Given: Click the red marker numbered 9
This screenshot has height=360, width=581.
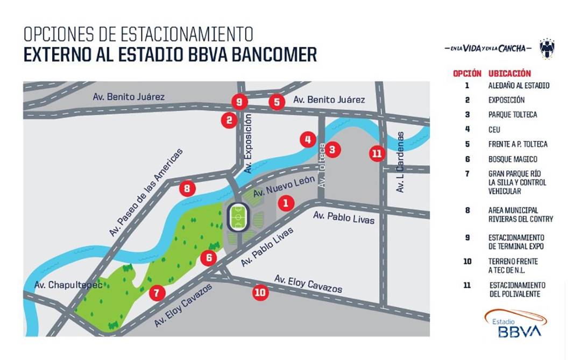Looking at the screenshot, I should tap(239, 101).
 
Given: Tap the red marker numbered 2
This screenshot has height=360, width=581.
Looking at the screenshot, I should tap(230, 120).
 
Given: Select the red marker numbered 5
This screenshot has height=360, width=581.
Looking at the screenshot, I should tap(277, 101).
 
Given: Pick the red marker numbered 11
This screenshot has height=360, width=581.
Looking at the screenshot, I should tap(377, 153).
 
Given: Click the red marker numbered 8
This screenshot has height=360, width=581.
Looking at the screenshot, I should tap(187, 188).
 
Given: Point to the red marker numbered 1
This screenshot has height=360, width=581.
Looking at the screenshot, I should tap(286, 203).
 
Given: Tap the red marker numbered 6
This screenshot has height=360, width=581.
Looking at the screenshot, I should tap(208, 258).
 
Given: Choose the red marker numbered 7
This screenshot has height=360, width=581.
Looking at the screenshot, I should tap(157, 293).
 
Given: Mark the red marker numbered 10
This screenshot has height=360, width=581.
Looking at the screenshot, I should tap(260, 292).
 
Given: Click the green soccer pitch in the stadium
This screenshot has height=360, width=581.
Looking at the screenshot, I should tap(239, 217).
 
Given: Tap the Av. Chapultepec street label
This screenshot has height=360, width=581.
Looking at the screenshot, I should tap(68, 285).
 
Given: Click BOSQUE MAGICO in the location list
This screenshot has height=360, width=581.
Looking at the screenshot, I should tap(513, 159).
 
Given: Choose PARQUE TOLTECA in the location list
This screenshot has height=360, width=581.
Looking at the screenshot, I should tap(513, 115).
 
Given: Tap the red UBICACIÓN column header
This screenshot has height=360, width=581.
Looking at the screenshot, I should tap(509, 73).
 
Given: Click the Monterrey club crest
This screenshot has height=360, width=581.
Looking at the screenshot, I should tap(547, 48).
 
